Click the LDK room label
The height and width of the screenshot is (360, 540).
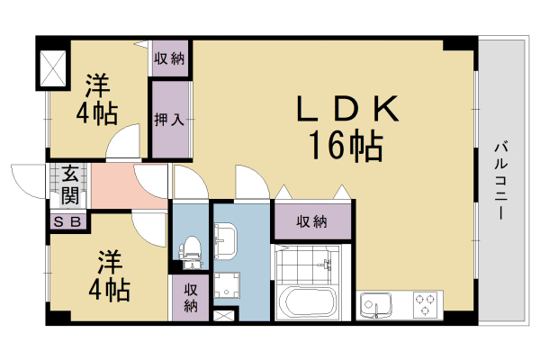pos(347,110)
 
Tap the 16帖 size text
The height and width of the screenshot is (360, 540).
pos(346,144)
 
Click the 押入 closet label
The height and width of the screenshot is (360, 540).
pos(168,119)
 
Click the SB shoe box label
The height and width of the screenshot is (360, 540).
pos(69,221)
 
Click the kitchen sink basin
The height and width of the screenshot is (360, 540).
pos(372,306)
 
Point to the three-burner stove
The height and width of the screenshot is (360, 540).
pos(424,305)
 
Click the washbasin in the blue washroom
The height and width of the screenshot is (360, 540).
pos(225,238)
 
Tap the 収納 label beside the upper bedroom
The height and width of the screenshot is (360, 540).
pos(168,60)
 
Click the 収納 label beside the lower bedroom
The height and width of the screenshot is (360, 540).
pos(191,298)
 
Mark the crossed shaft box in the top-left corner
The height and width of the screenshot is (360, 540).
pos(52,67)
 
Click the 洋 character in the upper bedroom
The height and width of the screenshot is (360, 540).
pos(97,87)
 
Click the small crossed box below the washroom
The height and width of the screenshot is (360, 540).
pos(224,316)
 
